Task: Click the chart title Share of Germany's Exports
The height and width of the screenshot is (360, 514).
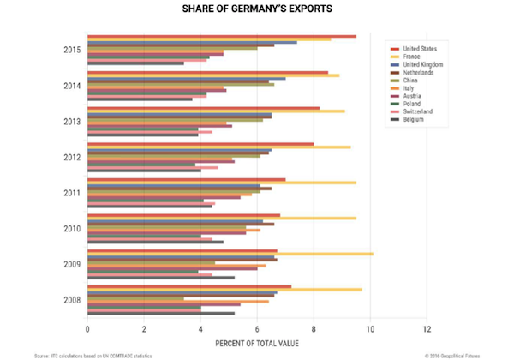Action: (257, 10)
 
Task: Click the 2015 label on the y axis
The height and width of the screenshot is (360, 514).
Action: (72, 50)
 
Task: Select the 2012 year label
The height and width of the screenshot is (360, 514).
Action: (72, 157)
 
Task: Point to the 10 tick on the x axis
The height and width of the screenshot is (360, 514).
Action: (370, 328)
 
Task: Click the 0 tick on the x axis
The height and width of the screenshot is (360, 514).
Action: (87, 328)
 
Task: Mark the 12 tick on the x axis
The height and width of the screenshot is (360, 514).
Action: (427, 328)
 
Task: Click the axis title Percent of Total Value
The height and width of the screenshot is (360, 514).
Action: (257, 343)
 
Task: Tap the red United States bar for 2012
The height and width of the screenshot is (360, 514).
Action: (200, 143)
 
